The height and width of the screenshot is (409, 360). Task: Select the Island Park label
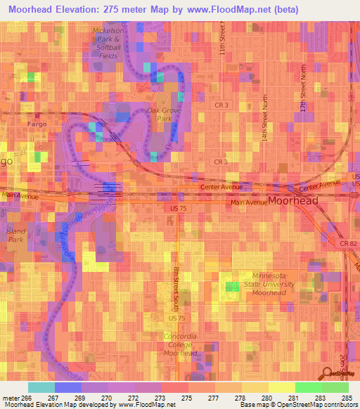click(x=15, y=234)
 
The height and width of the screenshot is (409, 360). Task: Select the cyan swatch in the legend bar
click(x=41, y=387)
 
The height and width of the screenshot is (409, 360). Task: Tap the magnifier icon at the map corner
click(x=329, y=374)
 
